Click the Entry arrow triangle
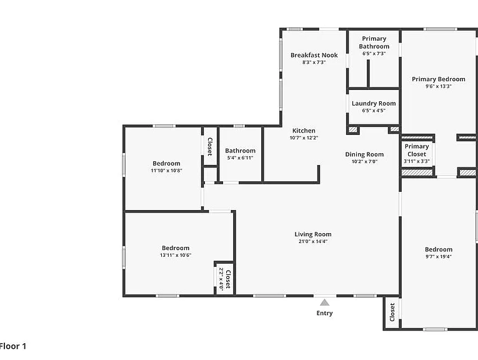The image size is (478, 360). coord(325,302)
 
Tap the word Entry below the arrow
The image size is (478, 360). coord(324,313)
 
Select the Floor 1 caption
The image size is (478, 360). coord(12,346)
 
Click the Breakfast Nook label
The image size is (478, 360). coord(314,55)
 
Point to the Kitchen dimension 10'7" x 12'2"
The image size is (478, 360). coord(304,137)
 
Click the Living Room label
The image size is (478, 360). coord(313,234)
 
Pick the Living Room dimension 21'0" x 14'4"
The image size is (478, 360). coord(313,241)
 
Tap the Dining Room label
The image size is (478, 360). coord(364,154)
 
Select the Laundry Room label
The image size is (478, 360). coord(374,103)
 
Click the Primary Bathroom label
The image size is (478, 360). coord(374,42)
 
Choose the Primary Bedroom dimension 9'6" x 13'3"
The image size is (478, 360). coord(439,86)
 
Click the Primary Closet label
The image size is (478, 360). coord(417,150)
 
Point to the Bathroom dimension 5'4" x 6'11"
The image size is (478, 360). coord(240,158)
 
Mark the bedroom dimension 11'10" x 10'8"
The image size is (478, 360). coord(166,171)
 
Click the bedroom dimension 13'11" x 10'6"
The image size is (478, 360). coord(176,255)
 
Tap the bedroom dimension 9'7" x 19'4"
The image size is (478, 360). coord(439,256)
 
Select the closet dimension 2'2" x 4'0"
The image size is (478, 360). coord(221,279)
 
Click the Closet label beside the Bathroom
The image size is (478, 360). coord(210,147)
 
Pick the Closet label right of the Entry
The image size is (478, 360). coord(392,312)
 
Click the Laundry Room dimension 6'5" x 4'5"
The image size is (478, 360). coord(374,111)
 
